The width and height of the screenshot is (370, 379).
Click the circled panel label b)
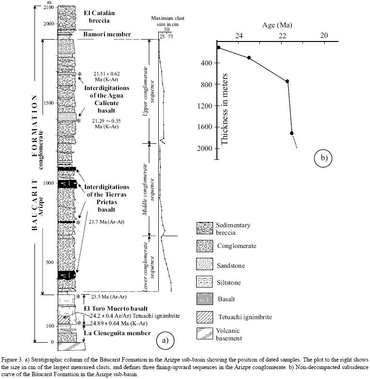(324, 157)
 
